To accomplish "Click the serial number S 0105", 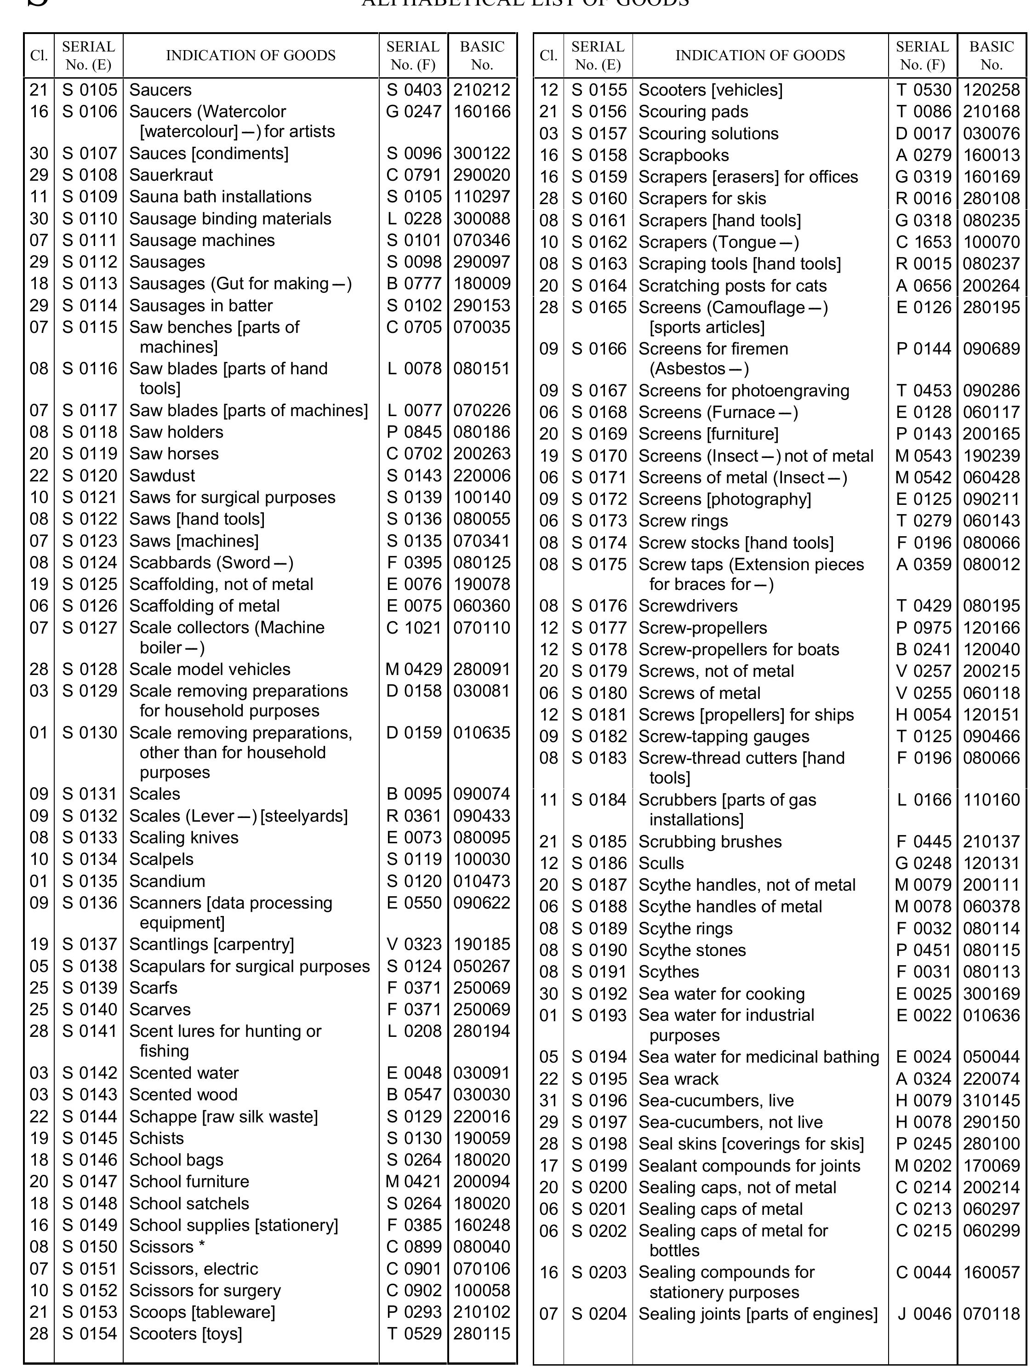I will point(89,90).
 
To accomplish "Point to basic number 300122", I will point(481,153).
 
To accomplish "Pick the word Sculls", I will point(661,864).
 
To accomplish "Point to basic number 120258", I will point(991,90).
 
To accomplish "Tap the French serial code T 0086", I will point(923,112).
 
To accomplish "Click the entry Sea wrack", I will point(678,1079).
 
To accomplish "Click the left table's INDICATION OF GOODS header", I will point(250,56).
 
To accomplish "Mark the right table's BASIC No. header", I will point(991,56).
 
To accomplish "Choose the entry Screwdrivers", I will point(687,606).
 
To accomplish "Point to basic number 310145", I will point(991,1101).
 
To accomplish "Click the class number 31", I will point(548,1101).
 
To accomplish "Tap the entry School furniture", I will point(188,1182).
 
